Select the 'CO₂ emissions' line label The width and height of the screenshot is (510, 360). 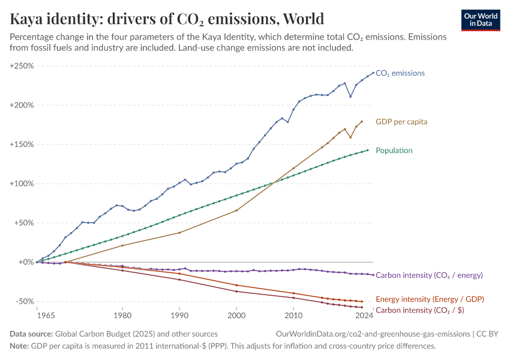point(400,73)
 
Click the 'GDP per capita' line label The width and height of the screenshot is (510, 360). point(401,121)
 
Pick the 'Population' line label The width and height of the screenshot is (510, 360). point(395,151)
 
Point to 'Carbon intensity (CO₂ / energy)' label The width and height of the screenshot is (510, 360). point(429,275)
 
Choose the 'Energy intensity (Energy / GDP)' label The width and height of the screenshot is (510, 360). point(430,299)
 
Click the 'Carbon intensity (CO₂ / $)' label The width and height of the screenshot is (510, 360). point(419,310)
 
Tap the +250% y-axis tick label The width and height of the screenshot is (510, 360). point(22,66)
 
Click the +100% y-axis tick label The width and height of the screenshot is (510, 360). point(22,184)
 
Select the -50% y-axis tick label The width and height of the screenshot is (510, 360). point(23,301)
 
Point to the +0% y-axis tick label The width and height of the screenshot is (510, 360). point(26,262)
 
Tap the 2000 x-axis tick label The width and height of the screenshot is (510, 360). point(236,315)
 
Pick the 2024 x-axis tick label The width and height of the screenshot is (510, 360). point(362,315)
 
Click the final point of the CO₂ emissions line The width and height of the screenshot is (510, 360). point(373,73)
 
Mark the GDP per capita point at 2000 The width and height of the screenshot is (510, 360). point(236,211)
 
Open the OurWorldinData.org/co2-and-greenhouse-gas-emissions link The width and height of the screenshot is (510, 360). point(372,334)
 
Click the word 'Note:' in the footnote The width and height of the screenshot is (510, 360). point(20,346)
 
